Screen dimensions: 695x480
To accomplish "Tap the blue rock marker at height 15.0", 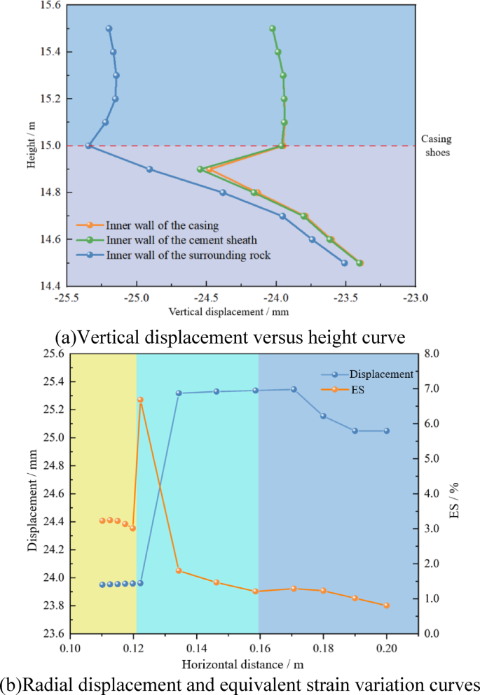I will [x=89, y=146].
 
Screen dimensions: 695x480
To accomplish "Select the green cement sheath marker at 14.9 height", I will [x=200, y=169].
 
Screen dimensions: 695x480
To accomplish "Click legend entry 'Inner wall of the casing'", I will [x=163, y=225].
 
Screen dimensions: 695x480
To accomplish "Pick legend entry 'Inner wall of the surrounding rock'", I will [x=188, y=255].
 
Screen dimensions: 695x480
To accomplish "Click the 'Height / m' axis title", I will [x=31, y=146].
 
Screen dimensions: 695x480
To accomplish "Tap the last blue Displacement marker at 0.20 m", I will [x=386, y=430].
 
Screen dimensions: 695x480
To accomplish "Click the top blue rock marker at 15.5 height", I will [x=109, y=29].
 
